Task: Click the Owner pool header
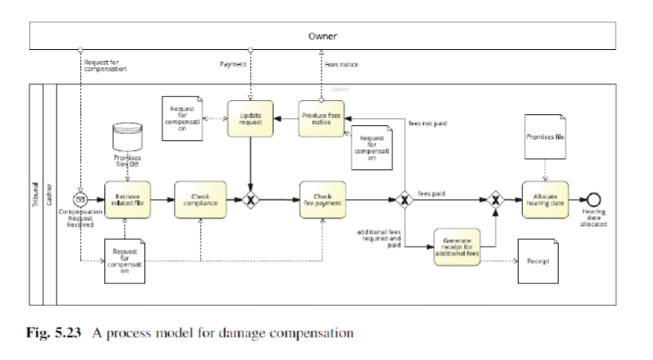pos(323,36)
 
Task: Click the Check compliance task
pos(200,201)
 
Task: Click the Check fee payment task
pos(322,201)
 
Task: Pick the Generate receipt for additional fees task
pos(457,247)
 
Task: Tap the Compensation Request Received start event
pos(82,201)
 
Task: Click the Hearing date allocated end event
pos(594,201)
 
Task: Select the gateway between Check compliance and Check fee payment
pos(251,201)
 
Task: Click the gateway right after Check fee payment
pos(404,201)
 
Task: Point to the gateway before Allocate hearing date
pos(496,201)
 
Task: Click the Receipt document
pos(538,260)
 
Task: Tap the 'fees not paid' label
pos(428,123)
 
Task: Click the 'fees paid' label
pos(431,193)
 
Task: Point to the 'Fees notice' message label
pos(341,63)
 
